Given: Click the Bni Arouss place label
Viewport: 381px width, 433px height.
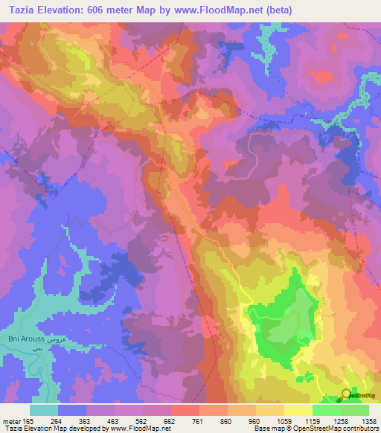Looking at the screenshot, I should (x=25, y=339).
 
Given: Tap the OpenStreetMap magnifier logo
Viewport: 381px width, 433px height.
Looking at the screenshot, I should (x=346, y=395).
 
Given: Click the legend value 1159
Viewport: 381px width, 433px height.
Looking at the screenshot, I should (x=313, y=420).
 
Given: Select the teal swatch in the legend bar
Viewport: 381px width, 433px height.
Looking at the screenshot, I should (x=44, y=410).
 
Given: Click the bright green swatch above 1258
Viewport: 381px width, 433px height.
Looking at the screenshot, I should (x=326, y=410).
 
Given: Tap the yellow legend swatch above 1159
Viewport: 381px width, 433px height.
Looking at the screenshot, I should (x=298, y=410).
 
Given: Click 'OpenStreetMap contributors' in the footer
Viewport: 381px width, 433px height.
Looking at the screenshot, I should (x=339, y=429).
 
